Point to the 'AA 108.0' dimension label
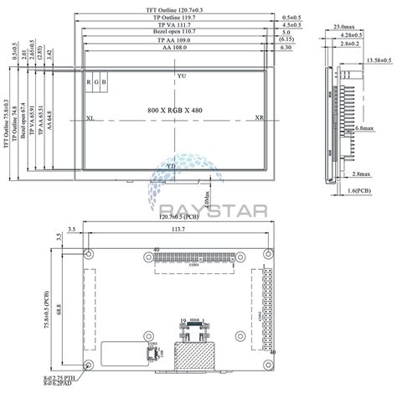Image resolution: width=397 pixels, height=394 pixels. coord(173,49)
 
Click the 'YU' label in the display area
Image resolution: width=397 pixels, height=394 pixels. coord(181,76)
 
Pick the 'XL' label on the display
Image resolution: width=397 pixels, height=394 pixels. coord(90,119)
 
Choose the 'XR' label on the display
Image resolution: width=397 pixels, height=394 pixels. coord(260,119)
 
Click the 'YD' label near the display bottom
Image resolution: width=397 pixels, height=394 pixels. coord(171,166)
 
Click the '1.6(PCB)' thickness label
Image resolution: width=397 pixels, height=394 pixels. coord(359,191)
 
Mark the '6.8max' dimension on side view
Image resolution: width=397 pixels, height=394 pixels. coord(364,128)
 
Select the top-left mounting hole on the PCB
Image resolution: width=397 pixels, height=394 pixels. coord(89,252)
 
